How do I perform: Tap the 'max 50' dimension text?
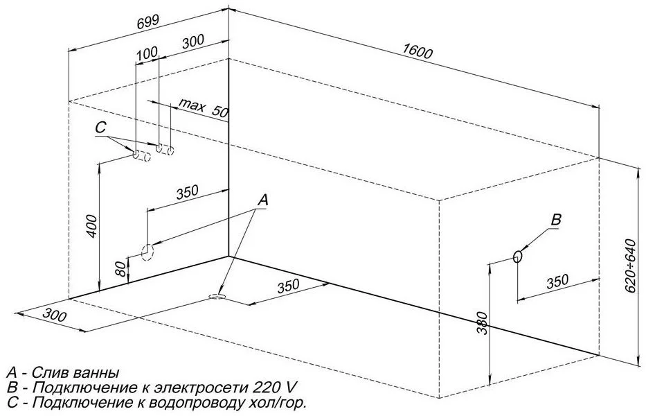click(203, 107)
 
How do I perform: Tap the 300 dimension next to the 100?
click(192, 41)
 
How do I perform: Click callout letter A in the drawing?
click(262, 200)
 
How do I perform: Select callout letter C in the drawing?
click(100, 128)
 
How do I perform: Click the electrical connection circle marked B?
click(517, 257)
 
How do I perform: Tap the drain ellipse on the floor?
click(217, 297)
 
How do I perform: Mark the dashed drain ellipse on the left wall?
click(147, 252)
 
